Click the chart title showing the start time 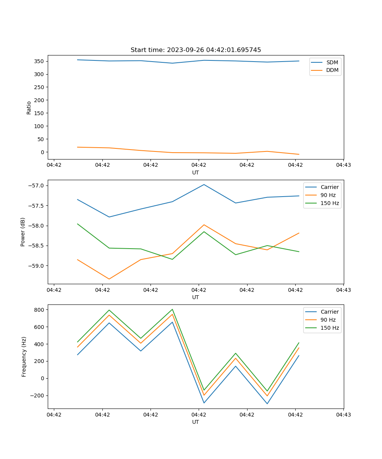pyautogui.click(x=196, y=50)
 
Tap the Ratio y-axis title pyautogui.click(x=29, y=108)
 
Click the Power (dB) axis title pyautogui.click(x=23, y=232)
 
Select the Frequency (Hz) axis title pyautogui.click(x=24, y=356)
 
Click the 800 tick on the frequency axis pyautogui.click(x=40, y=309)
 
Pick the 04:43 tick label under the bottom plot pyautogui.click(x=343, y=414)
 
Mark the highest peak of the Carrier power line pyautogui.click(x=204, y=184)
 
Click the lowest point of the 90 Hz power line pyautogui.click(x=109, y=279)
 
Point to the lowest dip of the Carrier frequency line pyautogui.click(x=267, y=404)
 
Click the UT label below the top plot pyautogui.click(x=196, y=173)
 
